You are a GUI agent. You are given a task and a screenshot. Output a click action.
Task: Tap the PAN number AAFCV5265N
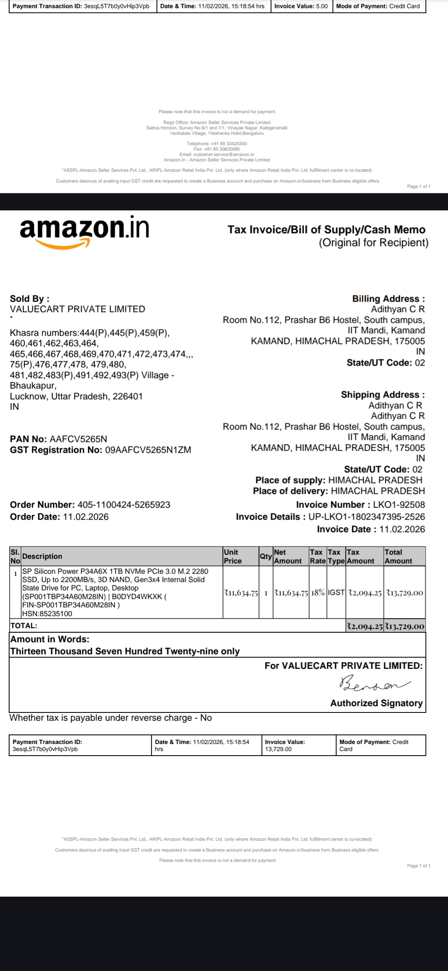(x=78, y=439)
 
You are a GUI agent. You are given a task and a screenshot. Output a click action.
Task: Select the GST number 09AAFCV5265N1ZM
(x=148, y=450)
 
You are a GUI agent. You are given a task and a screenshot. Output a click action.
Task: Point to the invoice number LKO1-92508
(x=399, y=505)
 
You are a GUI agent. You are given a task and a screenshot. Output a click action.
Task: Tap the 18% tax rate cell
(x=318, y=593)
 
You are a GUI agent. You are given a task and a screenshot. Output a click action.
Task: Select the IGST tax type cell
(x=336, y=593)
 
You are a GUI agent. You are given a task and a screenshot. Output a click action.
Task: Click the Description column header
(x=42, y=556)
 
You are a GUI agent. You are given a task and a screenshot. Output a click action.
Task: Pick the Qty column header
(x=265, y=556)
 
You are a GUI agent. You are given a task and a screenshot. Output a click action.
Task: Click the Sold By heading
(x=29, y=299)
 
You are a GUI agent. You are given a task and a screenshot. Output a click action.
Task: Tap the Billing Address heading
(x=388, y=299)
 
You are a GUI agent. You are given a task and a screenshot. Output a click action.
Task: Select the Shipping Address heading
(x=382, y=395)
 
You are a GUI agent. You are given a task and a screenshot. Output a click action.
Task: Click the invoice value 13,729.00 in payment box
(x=278, y=749)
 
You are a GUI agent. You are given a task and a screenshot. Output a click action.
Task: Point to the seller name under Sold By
(x=78, y=309)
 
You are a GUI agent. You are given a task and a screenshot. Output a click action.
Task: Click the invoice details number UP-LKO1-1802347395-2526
(x=367, y=517)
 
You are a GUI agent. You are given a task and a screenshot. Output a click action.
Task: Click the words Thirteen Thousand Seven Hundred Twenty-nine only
(x=125, y=651)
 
